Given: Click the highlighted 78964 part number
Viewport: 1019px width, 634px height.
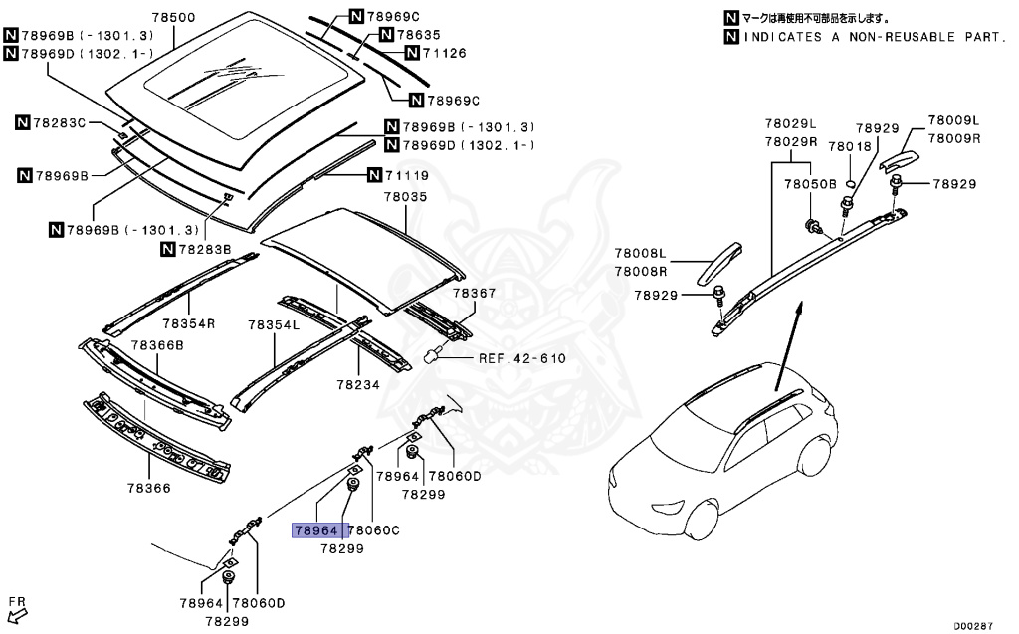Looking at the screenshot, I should point(317,530).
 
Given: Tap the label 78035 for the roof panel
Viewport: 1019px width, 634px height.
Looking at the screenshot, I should point(405,198).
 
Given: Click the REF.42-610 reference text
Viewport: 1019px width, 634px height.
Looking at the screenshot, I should point(521,359).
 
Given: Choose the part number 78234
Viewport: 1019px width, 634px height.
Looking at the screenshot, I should point(358,384).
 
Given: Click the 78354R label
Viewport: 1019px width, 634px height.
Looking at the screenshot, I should point(189,324).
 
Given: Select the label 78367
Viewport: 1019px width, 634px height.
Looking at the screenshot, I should point(473,294).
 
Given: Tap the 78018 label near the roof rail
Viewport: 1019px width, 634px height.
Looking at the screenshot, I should point(849,146).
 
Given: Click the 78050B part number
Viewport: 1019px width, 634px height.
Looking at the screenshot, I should point(810,184).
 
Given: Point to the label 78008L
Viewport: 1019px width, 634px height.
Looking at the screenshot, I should point(639,255).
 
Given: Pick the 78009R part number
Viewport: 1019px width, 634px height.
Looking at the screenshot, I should point(954,139).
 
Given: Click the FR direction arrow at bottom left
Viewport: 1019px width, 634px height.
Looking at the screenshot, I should point(17,609).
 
